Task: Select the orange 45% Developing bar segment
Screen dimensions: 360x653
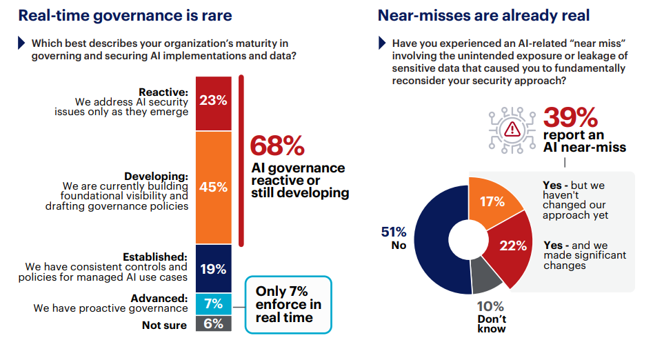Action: [x=213, y=187]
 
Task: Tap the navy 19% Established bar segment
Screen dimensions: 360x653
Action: [x=213, y=269]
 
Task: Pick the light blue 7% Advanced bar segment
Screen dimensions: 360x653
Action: [x=213, y=303]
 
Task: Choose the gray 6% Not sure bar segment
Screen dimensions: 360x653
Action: [x=213, y=323]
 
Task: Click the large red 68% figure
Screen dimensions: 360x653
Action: [x=277, y=146]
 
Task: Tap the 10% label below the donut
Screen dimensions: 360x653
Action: [x=491, y=306]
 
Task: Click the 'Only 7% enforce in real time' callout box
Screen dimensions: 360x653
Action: [x=288, y=304]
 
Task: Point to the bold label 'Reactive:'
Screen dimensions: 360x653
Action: [x=163, y=92]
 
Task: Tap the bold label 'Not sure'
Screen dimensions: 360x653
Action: [x=165, y=325]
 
